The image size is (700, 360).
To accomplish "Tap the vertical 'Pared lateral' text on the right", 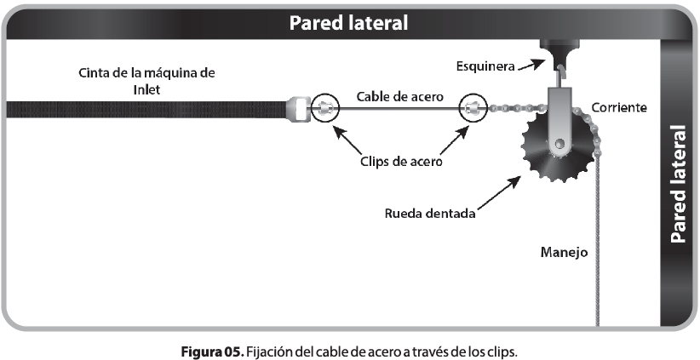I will coord(679,186).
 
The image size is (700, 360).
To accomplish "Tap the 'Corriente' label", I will coord(621,108).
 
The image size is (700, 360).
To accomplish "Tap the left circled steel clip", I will coord(324,108).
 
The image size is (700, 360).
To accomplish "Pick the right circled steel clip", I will coord(474,108).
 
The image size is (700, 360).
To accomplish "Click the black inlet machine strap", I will coord(145,109).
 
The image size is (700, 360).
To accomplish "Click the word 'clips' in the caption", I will coord(500,349).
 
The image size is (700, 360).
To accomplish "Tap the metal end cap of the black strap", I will coord(296,109).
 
